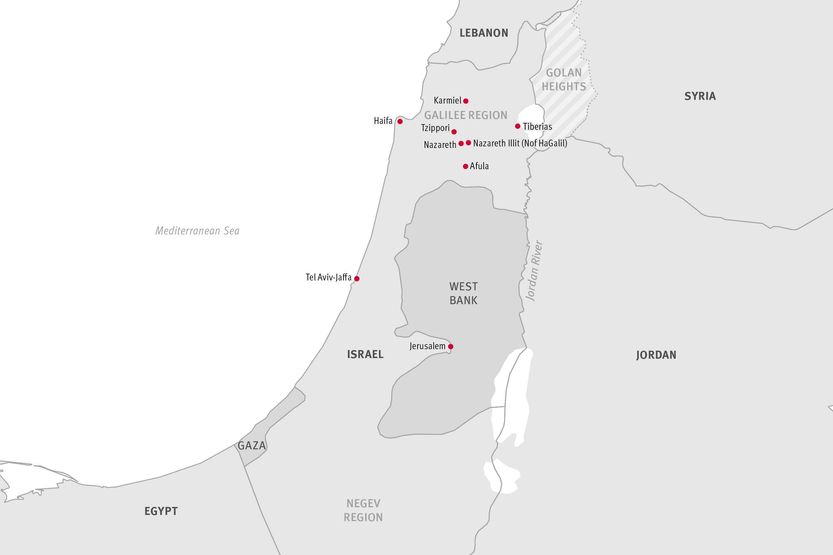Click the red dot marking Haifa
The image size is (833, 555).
point(400,121)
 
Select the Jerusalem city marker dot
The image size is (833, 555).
point(451,346)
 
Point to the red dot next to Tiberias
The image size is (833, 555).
point(518,126)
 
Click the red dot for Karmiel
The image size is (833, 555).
point(466,101)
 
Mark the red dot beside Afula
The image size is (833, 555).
point(465,166)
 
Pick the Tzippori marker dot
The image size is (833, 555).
point(454,132)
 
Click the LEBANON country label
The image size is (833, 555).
point(484,33)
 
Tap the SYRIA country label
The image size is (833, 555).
point(700,96)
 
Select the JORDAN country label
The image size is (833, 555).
point(656,355)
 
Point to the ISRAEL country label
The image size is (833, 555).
point(365,354)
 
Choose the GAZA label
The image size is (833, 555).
point(251,445)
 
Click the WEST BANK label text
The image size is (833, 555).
point(463,293)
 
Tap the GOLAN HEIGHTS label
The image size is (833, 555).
point(563,80)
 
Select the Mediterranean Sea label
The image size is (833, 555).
point(197,231)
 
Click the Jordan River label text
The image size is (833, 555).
point(534,271)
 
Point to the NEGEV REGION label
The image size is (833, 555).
point(363,510)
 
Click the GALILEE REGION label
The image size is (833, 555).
point(465,115)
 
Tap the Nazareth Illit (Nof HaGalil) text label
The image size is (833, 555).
point(520,143)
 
